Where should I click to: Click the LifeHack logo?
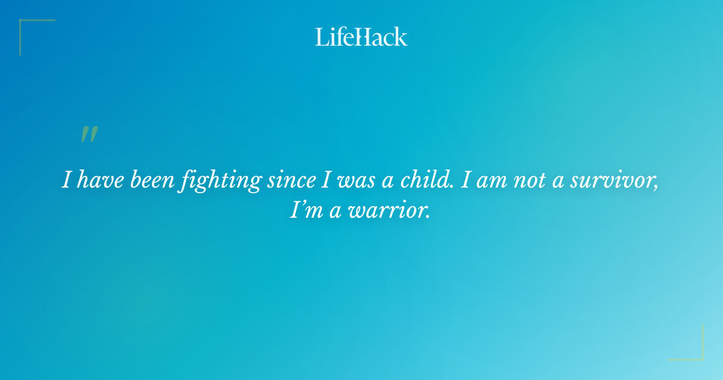361,37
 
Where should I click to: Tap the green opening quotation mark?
89,135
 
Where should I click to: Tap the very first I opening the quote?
67,181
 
